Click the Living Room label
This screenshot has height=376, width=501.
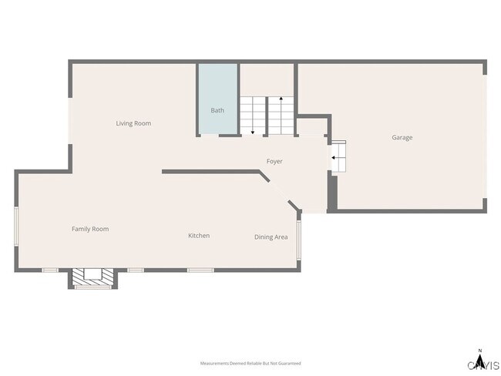pyautogui.click(x=133, y=123)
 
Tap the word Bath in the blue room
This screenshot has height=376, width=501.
pyautogui.click(x=217, y=110)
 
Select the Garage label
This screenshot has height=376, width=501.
pyautogui.click(x=402, y=138)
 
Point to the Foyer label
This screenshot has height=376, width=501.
pyautogui.click(x=274, y=162)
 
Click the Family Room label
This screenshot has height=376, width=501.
pyautogui.click(x=90, y=229)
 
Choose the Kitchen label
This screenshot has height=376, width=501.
pyautogui.click(x=199, y=236)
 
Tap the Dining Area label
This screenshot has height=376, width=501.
pyautogui.click(x=271, y=237)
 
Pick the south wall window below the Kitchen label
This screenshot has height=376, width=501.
pyautogui.click(x=200, y=270)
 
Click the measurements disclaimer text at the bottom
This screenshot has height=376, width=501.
pyautogui.click(x=250, y=363)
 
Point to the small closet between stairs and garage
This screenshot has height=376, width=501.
pyautogui.click(x=313, y=127)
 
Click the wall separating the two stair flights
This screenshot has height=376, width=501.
pyautogui.click(x=267, y=116)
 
